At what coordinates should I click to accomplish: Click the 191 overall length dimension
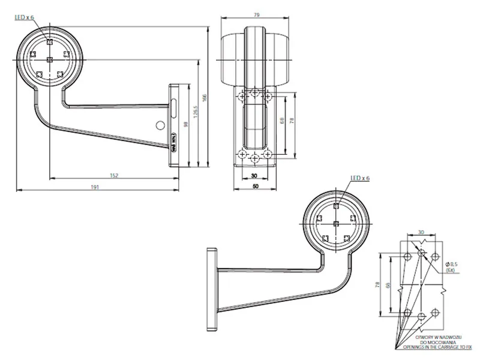[95, 187]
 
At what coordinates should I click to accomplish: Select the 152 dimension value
[113, 175]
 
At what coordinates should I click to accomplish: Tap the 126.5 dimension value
[196, 112]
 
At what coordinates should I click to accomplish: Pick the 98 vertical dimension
[187, 124]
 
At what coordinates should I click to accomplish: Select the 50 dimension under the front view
[255, 187]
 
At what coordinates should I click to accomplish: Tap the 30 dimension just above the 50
[255, 176]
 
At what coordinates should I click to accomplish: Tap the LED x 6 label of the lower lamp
[360, 178]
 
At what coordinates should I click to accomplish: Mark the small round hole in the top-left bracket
[160, 125]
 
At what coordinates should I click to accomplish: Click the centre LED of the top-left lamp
[50, 59]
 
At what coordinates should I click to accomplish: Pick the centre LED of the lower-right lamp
[336, 223]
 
